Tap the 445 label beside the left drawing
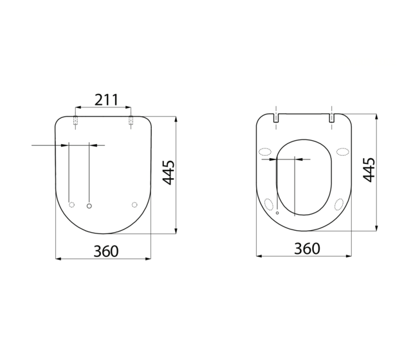[169, 172]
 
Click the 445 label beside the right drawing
[369, 170]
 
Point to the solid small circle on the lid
[89, 205]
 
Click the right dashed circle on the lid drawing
[134, 204]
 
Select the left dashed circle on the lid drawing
[72, 204]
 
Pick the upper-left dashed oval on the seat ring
[264, 153]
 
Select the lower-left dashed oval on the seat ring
[269, 204]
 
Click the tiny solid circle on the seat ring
[277, 213]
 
